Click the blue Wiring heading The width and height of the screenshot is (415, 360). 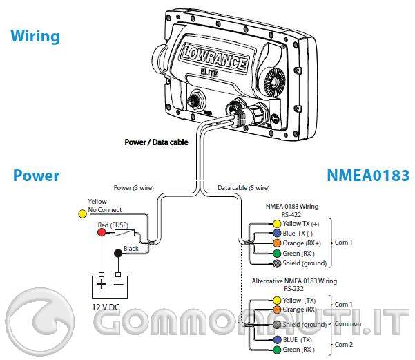coord(35,35)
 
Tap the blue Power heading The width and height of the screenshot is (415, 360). coord(36,176)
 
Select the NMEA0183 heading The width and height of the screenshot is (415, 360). coord(368,176)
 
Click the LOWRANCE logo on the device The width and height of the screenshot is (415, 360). coord(215,57)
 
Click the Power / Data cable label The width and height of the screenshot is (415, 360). coord(156,143)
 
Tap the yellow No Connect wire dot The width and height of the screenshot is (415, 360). coord(82,214)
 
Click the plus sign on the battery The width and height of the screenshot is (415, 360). coord(102,284)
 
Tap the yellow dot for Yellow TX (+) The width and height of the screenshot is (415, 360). coord(277,224)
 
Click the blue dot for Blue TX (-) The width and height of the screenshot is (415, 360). coord(277,234)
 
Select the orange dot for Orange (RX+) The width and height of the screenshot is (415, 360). coord(277,243)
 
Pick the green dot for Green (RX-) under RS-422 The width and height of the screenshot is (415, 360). coord(277,253)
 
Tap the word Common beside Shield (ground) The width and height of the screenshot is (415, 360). coord(348,324)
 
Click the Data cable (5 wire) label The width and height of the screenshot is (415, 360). coord(244,188)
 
